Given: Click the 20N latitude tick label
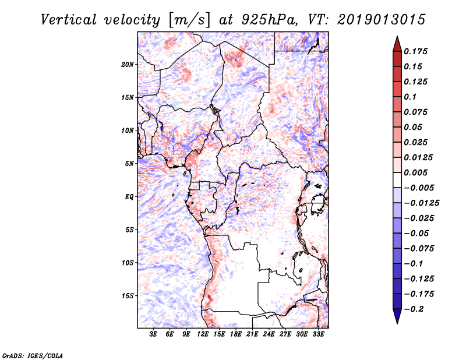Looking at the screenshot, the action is click(128, 65).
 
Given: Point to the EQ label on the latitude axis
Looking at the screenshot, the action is click(129, 197).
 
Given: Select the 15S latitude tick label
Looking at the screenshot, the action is click(128, 296).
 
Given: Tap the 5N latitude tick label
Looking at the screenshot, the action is click(129, 164).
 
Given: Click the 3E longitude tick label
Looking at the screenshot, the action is click(153, 334).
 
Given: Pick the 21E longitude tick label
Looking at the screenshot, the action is click(252, 334).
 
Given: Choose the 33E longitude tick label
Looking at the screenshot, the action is click(318, 334).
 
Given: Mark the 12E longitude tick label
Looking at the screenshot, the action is click(202, 334).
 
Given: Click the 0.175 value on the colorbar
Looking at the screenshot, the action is click(415, 51).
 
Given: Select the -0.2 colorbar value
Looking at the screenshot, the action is click(414, 309).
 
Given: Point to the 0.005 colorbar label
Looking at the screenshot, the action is click(415, 172).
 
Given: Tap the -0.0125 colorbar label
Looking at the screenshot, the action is click(421, 203).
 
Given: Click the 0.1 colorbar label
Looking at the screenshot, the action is click(410, 97).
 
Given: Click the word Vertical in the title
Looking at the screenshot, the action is click(69, 20).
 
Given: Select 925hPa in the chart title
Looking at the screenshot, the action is click(269, 20).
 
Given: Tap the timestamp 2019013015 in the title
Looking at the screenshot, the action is click(382, 20).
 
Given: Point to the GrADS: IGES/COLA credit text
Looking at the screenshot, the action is click(33, 355).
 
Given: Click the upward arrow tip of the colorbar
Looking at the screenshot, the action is click(397, 36).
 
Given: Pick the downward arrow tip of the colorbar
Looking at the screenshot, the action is click(397, 323).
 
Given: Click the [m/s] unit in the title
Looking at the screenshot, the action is click(189, 20).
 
